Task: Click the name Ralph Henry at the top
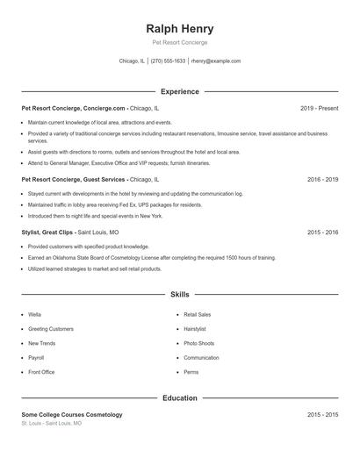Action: click(x=179, y=28)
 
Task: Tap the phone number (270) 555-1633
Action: click(x=168, y=61)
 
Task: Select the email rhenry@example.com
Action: click(x=216, y=61)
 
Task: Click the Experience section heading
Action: click(x=179, y=91)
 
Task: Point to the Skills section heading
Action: click(x=179, y=295)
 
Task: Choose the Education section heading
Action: click(x=179, y=397)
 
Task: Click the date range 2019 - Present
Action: click(x=319, y=108)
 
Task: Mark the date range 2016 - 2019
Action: click(x=322, y=179)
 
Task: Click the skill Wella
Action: click(x=34, y=314)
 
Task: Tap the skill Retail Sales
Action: click(x=197, y=314)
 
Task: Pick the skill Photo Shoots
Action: click(x=198, y=343)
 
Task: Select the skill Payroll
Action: click(x=36, y=358)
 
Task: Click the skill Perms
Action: click(x=191, y=372)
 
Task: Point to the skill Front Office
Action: click(x=41, y=372)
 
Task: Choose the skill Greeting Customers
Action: click(x=51, y=328)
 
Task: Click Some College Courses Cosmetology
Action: click(x=72, y=414)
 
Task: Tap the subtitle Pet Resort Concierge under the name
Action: click(x=179, y=42)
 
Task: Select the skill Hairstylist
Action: click(x=196, y=328)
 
